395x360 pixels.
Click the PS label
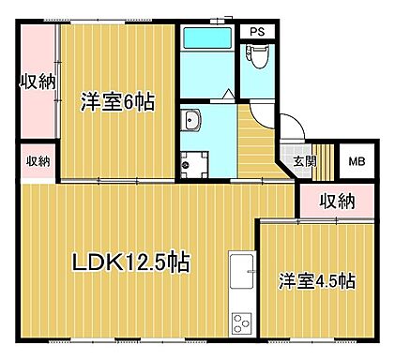256,30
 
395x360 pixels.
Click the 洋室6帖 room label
117,102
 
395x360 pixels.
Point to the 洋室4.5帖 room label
315,280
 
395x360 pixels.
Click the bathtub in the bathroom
206,39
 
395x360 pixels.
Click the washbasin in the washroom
192,119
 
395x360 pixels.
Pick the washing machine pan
192,161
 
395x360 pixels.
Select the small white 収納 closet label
38,160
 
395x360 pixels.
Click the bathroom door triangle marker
229,94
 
